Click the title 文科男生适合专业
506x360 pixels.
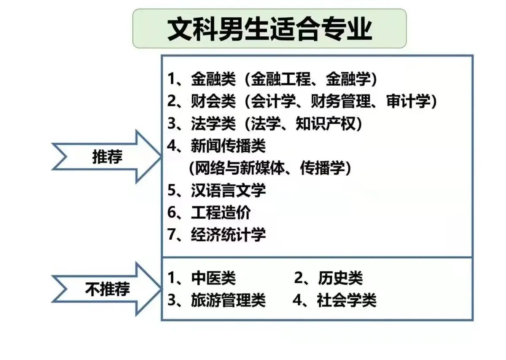(269, 29)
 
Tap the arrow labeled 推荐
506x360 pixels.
(107, 157)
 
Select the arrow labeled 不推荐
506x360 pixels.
(107, 289)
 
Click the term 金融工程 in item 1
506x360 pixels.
(281, 79)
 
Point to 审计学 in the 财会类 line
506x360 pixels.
(408, 101)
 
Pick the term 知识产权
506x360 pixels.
(326, 124)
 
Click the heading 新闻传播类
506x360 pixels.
(228, 146)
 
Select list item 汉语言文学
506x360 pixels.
(228, 190)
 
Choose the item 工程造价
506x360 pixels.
(221, 212)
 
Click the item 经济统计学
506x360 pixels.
(228, 235)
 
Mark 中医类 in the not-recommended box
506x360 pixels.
(213, 278)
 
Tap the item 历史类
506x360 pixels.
(340, 278)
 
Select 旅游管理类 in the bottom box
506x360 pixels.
(228, 300)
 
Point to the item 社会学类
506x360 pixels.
(347, 300)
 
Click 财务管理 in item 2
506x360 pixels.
(340, 101)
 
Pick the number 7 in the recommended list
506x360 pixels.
(171, 235)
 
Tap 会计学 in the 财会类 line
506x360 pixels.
(273, 101)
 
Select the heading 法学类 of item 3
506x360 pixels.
(213, 124)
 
